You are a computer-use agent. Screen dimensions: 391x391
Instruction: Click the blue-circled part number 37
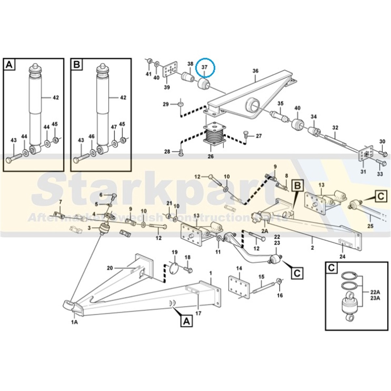coord(204,67)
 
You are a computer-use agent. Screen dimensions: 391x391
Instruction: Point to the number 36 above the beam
coord(255,71)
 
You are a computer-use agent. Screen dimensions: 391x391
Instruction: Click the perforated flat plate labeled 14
coord(239,287)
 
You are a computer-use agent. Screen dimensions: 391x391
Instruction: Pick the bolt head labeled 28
coord(181,152)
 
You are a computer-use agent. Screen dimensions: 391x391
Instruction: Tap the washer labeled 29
coord(180,104)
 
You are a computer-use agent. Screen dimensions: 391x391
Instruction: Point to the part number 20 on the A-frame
coord(110,268)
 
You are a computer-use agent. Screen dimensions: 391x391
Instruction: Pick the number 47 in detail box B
coord(114,127)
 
